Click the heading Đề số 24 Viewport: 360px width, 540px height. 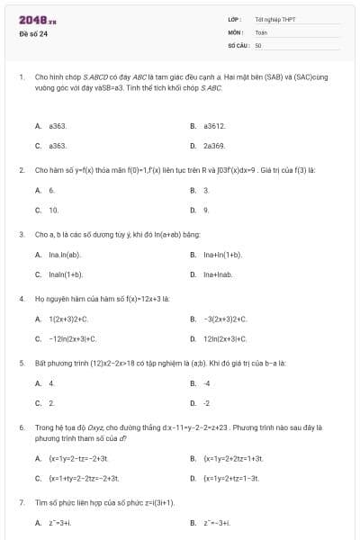pos(33,33)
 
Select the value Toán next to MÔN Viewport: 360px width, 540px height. pos(261,31)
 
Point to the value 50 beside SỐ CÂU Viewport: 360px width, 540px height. pos(258,44)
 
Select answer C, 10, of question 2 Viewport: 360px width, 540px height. pos(53,210)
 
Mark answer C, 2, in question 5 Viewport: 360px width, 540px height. pos(51,403)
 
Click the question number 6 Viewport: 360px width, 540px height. pos(21,427)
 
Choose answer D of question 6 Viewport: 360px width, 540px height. pos(230,478)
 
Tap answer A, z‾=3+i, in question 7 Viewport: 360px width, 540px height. pos(59,523)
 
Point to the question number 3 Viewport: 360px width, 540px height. pos(21,234)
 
